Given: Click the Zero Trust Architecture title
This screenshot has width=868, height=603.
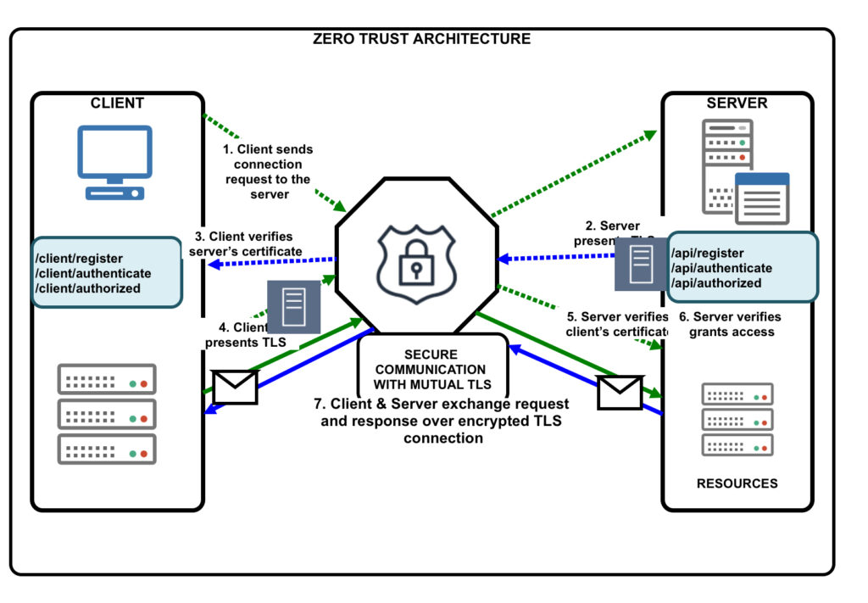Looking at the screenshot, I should (x=421, y=39).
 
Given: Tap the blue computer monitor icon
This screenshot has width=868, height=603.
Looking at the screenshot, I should (x=114, y=162).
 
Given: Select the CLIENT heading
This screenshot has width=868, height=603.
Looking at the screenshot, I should (x=117, y=103).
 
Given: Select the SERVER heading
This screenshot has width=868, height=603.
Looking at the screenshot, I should (x=737, y=103).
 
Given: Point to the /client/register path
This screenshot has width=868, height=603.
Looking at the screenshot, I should (x=78, y=259).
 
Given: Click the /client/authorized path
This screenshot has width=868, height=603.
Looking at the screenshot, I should (x=86, y=288).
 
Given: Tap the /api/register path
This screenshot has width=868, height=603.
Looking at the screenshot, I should (x=707, y=253).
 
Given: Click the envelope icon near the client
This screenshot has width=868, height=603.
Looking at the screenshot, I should (x=235, y=386).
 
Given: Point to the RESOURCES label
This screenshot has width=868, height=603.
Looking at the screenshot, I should (x=737, y=483).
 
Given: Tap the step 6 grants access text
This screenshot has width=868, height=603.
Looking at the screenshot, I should (x=732, y=325).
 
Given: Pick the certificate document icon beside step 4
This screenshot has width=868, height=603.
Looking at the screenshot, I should (x=294, y=305).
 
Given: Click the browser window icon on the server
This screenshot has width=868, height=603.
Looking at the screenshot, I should (x=761, y=198).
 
